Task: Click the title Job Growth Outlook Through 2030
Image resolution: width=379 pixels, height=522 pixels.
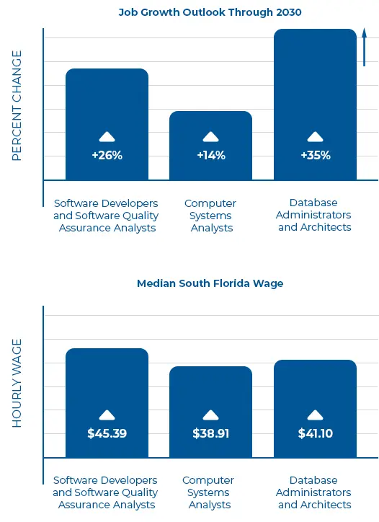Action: (210, 12)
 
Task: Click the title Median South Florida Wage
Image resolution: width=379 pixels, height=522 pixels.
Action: (210, 283)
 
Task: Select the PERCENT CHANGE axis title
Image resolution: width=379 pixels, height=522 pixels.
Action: (17, 105)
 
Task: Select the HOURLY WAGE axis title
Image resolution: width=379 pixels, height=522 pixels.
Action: (17, 383)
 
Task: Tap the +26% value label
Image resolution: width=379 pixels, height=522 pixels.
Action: (107, 155)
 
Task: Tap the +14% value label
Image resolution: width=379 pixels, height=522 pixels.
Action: (210, 155)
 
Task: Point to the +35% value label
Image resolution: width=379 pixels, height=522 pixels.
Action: (315, 155)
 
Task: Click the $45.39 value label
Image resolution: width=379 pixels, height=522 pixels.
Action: (107, 433)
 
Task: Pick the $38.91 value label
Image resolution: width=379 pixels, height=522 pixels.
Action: (210, 433)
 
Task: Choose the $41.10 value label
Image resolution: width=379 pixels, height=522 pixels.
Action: (315, 433)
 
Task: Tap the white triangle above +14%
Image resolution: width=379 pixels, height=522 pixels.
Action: (210, 136)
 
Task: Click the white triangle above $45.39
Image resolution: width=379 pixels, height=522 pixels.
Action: (107, 415)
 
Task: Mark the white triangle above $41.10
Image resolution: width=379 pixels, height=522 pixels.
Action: (315, 415)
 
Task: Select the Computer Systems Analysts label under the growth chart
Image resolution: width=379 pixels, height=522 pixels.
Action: (210, 216)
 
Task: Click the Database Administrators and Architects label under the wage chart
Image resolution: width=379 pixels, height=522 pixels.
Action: (315, 492)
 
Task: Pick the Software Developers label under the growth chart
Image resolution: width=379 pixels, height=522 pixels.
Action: (106, 216)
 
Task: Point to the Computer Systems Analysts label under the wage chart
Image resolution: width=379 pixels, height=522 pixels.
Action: (209, 492)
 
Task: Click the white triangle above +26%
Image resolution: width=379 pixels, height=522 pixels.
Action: (107, 136)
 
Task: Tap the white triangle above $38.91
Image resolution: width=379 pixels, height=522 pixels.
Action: (210, 415)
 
